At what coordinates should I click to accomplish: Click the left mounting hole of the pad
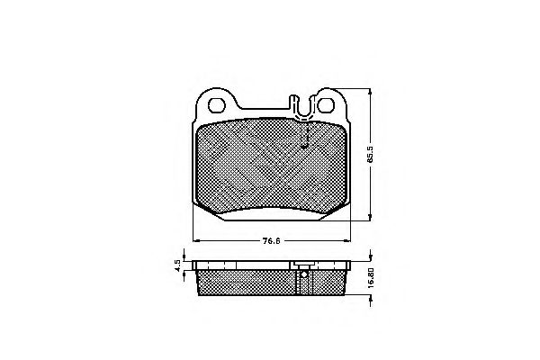(x=217, y=104)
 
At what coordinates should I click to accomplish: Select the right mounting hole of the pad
(x=326, y=104)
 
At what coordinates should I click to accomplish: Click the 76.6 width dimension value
(x=272, y=241)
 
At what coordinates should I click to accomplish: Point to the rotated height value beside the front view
(x=370, y=154)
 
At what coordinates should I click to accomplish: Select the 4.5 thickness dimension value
(x=177, y=265)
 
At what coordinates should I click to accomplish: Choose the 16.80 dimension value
(x=371, y=278)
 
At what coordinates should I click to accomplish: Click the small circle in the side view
(x=304, y=274)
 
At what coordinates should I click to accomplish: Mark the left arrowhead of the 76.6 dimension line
(x=196, y=240)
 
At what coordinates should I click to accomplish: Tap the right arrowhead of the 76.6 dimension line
(x=346, y=240)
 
